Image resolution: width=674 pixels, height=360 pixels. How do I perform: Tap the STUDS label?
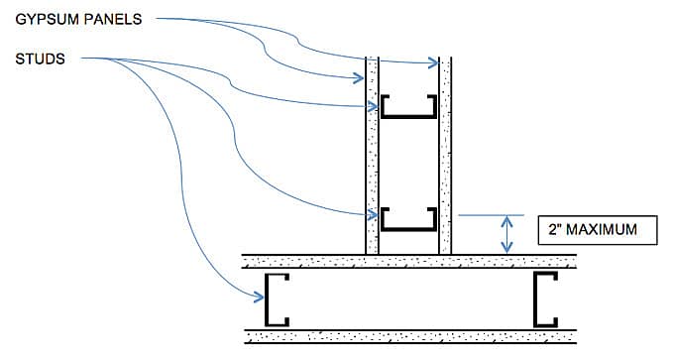click(41, 59)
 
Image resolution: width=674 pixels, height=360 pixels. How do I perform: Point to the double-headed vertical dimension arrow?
click(506, 233)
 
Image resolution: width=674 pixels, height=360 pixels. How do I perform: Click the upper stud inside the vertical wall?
click(408, 106)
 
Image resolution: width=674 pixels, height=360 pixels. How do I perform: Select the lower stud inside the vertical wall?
click(408, 218)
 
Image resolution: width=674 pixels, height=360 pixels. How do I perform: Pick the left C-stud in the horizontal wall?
click(276, 299)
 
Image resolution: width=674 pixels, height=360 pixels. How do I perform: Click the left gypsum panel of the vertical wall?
click(373, 159)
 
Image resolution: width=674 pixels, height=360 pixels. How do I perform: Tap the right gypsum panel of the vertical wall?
click(445, 159)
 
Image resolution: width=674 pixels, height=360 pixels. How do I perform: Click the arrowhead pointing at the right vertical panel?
click(433, 63)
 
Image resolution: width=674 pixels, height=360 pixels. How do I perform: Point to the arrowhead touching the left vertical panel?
click(361, 77)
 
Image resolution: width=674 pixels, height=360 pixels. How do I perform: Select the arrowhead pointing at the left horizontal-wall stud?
click(258, 294)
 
